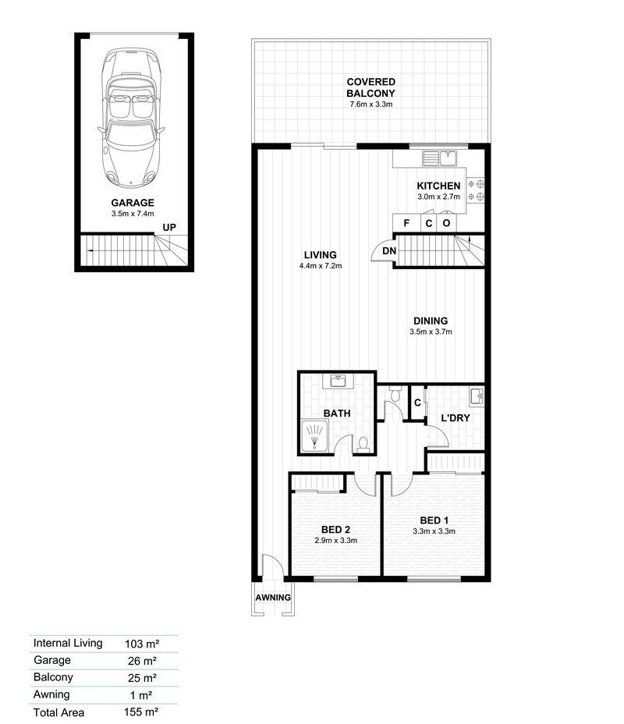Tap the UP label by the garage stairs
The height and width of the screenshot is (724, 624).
pyautogui.click(x=169, y=227)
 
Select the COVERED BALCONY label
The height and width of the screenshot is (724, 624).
pyautogui.click(x=371, y=87)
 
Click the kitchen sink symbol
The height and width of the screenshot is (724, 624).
pyautogui.click(x=439, y=158)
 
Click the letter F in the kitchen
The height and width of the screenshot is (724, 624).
pyautogui.click(x=406, y=223)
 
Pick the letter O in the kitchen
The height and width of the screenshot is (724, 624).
pyautogui.click(x=446, y=223)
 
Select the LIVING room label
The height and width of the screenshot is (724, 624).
pyautogui.click(x=321, y=254)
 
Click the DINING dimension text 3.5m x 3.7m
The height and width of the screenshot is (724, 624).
pyautogui.click(x=431, y=332)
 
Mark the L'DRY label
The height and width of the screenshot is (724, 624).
pyautogui.click(x=454, y=418)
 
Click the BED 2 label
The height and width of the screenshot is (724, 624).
pyautogui.click(x=335, y=528)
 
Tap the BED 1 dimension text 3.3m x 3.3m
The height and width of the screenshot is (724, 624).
pyautogui.click(x=434, y=532)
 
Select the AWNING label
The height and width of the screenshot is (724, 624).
pyautogui.click(x=273, y=598)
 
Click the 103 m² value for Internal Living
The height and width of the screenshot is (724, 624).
pyautogui.click(x=142, y=644)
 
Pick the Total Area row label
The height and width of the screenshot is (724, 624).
pyautogui.click(x=58, y=712)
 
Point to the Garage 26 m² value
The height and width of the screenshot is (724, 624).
pyautogui.click(x=141, y=661)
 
